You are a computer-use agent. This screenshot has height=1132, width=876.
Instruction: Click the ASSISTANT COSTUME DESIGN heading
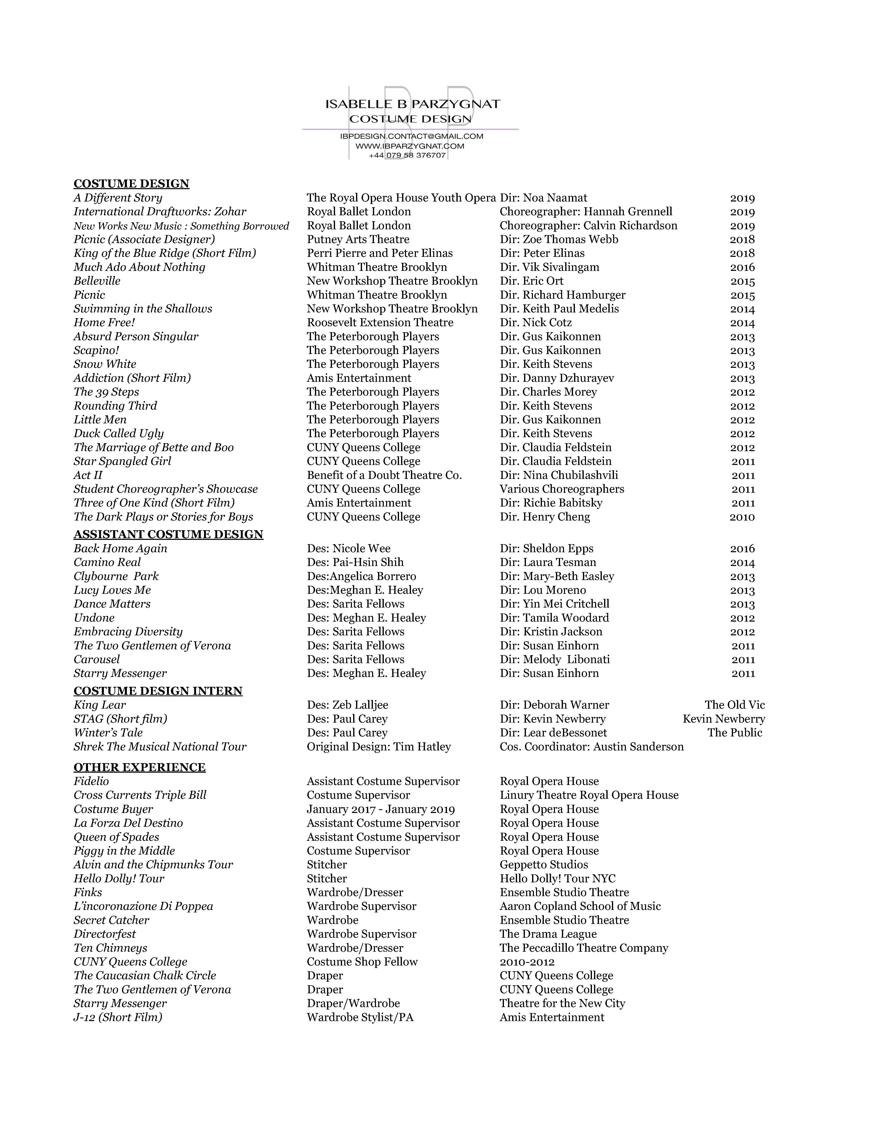pos(168,534)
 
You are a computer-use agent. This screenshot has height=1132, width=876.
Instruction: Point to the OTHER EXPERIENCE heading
pos(139,767)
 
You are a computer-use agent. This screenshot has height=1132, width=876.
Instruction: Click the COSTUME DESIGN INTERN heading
pos(158,691)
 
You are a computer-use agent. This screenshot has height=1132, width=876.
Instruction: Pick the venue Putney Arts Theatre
pos(358,239)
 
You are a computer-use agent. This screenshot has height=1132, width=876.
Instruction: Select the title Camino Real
pos(107,562)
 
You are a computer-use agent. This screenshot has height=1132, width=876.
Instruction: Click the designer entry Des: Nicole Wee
pos(349,548)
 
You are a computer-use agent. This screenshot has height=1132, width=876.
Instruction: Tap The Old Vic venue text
pos(734,705)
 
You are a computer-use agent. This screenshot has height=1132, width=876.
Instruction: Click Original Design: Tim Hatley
pos(379,747)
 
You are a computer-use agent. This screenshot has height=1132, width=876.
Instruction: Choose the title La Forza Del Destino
pos(128,823)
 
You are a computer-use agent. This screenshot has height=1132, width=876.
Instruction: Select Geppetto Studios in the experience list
pos(544,865)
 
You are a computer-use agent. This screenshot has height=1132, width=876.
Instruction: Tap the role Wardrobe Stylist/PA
pos(360,1017)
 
